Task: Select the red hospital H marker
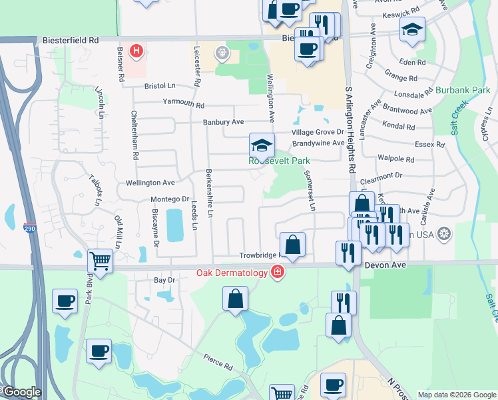click(136, 51)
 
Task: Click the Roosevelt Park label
click(280, 161)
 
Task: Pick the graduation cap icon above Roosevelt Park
click(262, 145)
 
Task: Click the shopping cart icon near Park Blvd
click(100, 260)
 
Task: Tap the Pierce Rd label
click(218, 366)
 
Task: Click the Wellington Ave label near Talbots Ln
click(150, 182)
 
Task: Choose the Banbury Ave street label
click(224, 122)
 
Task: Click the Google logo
click(21, 393)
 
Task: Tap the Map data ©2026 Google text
click(457, 395)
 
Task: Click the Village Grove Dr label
click(317, 133)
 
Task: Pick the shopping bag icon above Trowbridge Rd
click(292, 244)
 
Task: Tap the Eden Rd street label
click(412, 63)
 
